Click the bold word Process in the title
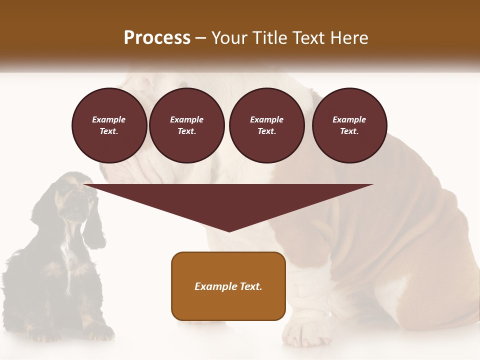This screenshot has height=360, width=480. pyautogui.click(x=157, y=37)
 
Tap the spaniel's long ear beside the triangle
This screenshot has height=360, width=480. pyautogui.click(x=93, y=225)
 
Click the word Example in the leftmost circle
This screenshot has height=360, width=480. pyautogui.click(x=109, y=119)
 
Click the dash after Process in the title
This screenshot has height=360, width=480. pyautogui.click(x=201, y=38)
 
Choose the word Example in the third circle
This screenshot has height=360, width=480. pyautogui.click(x=266, y=119)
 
